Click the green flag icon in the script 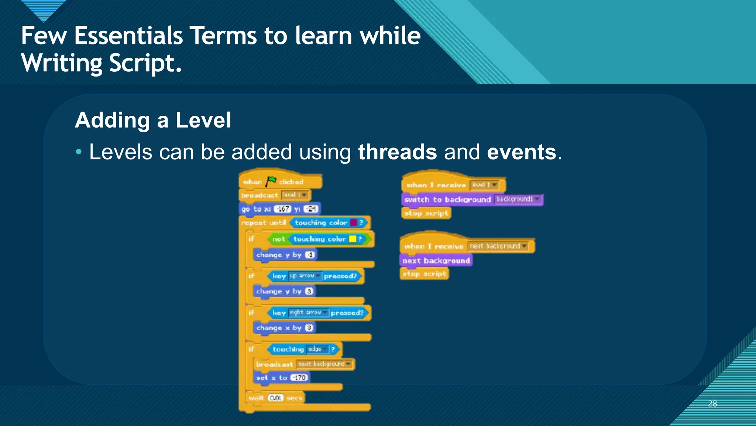point(271,181)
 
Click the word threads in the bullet point(397,152)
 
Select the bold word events point(521,152)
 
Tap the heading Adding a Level point(153,120)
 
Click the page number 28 point(712,403)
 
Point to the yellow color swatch point(352,239)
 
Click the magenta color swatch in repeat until point(353,223)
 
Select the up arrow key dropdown point(305,276)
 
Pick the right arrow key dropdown point(309,312)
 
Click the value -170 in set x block point(299,378)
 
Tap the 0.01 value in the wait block point(275,398)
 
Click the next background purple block point(436,261)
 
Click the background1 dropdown point(518,199)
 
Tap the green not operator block point(278,239)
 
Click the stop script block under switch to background point(426,213)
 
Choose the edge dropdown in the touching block point(317,349)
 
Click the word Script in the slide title point(145,63)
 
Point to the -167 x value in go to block point(283,209)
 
